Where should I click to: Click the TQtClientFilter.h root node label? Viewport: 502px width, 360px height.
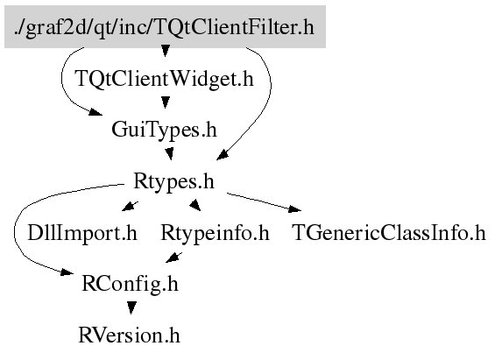tap(165, 27)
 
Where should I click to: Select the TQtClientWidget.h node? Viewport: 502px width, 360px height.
tap(164, 79)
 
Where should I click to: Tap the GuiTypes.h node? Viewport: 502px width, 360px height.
tap(164, 130)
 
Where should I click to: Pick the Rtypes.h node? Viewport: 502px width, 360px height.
tap(173, 181)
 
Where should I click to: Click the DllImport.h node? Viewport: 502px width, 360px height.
tap(82, 233)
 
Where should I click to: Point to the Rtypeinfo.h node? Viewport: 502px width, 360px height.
tap(215, 233)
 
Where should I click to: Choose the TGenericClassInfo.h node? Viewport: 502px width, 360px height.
tap(389, 233)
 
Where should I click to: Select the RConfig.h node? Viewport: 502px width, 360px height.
tap(130, 284)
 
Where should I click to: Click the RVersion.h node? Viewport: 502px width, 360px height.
tap(129, 335)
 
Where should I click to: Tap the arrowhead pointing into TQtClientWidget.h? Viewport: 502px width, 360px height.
tap(166, 51)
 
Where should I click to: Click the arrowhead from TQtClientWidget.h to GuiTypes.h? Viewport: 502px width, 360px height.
tap(166, 102)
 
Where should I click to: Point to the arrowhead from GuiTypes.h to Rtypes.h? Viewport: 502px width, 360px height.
tap(169, 153)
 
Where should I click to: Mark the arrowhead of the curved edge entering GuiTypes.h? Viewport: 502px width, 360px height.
tap(95, 112)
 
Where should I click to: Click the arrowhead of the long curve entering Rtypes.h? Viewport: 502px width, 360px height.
tap(223, 154)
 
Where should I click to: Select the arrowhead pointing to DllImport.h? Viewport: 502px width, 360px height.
tap(130, 206)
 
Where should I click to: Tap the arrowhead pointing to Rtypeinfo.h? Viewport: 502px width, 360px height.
tap(195, 205)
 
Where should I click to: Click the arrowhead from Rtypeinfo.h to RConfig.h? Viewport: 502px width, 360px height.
tap(173, 257)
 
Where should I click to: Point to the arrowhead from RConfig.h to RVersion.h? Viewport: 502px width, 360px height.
tap(131, 307)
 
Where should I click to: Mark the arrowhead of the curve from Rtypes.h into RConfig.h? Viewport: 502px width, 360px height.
tap(67, 272)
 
